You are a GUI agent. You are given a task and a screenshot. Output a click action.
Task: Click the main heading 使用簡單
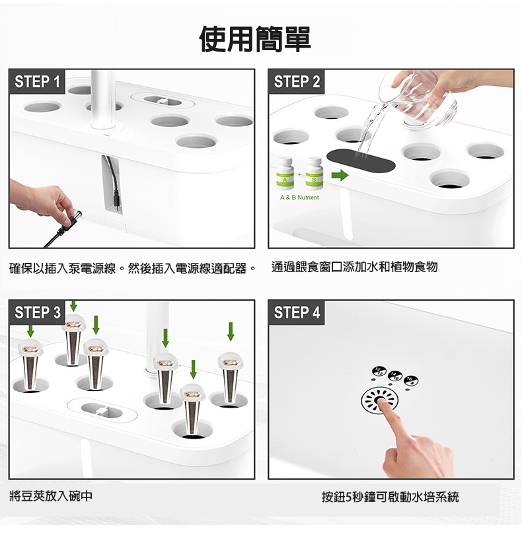(255, 38)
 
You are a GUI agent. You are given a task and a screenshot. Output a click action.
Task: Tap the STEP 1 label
(37, 82)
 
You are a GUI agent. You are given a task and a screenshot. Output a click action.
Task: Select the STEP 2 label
(297, 82)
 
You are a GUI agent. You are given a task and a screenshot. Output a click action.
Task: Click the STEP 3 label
(38, 312)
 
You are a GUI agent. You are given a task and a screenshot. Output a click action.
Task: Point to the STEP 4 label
(297, 312)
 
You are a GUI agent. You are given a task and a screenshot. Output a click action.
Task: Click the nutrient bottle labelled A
(285, 173)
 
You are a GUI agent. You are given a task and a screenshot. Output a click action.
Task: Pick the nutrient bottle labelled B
(314, 173)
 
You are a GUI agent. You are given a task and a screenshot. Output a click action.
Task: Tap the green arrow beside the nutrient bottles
(340, 175)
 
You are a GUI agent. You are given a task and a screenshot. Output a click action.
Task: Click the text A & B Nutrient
(299, 198)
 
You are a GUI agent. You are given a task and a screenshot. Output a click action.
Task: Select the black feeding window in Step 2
(361, 161)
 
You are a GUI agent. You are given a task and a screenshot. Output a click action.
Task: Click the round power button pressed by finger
(379, 400)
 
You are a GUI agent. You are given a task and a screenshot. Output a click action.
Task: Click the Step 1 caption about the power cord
(133, 268)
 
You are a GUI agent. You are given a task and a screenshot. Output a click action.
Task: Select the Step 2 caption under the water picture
(354, 267)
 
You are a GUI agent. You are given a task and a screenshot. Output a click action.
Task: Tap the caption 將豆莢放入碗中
(51, 496)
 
